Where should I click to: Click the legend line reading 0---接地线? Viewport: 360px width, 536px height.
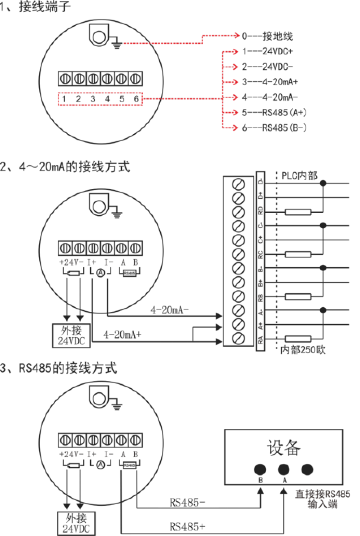click(x=267, y=37)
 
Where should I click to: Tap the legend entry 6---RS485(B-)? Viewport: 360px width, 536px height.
click(x=274, y=128)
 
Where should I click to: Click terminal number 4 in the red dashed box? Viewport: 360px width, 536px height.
click(x=107, y=99)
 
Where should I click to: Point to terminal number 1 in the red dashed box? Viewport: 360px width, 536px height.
click(x=64, y=99)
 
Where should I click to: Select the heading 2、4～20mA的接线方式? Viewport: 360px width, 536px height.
click(x=65, y=166)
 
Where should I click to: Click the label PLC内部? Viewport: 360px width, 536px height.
click(x=299, y=175)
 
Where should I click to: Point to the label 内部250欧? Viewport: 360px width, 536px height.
click(x=303, y=350)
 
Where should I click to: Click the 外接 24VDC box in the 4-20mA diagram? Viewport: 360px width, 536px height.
click(x=72, y=335)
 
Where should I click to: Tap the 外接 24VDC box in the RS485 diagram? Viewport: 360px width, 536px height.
click(x=72, y=523)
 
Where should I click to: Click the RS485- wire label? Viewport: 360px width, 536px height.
click(x=187, y=503)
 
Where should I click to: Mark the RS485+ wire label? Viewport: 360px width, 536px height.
click(x=187, y=527)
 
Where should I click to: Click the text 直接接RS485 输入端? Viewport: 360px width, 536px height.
click(x=323, y=499)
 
